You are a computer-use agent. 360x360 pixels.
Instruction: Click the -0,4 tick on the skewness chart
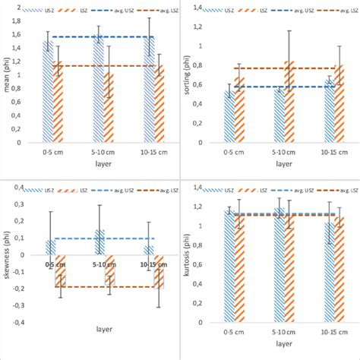[18, 321]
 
